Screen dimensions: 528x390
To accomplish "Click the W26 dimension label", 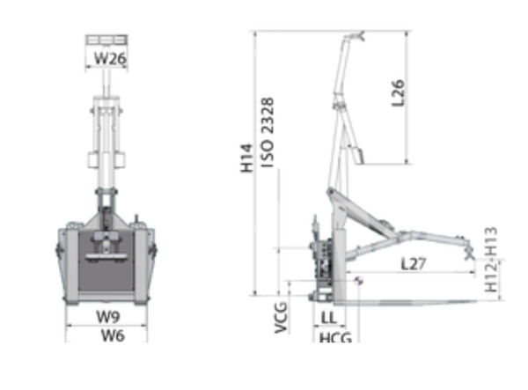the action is [110, 58].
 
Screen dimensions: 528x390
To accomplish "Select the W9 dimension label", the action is [108, 317].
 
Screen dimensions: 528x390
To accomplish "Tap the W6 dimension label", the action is [113, 335].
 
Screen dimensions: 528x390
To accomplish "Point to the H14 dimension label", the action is [246, 158].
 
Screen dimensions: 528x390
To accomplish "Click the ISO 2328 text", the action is [268, 133].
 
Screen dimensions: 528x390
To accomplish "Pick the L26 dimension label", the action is [398, 93].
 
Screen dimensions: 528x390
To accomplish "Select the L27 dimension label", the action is [414, 264].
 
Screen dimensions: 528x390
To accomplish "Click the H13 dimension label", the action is [491, 241].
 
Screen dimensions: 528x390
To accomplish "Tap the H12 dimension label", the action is [491, 278].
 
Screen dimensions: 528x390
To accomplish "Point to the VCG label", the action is [281, 318].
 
